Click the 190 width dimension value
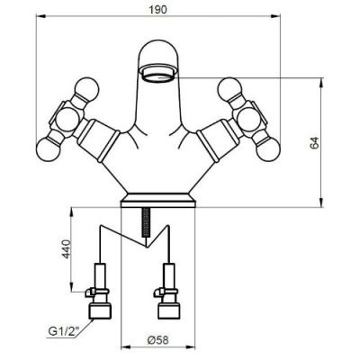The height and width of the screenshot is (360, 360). click(x=157, y=10)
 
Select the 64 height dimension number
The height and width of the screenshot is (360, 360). click(x=314, y=142)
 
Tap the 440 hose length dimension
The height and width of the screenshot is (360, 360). click(x=66, y=248)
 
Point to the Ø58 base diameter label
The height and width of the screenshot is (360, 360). click(x=158, y=340)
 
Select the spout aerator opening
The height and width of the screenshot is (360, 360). click(x=157, y=75)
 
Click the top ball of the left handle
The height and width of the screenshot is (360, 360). click(x=86, y=88)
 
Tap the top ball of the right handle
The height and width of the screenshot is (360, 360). click(x=230, y=88)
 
